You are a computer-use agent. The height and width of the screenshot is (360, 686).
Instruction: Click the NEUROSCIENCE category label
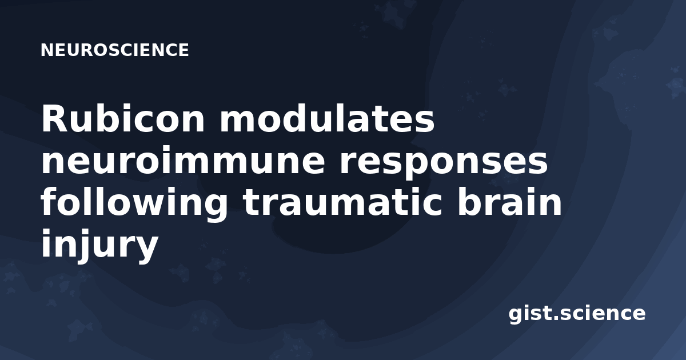(114, 50)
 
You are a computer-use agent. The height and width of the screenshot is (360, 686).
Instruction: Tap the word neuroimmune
(183, 160)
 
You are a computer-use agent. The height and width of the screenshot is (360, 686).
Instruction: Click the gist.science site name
(577, 314)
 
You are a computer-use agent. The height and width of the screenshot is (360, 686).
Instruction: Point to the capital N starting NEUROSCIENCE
(46, 50)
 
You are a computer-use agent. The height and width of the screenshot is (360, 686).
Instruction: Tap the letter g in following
(215, 207)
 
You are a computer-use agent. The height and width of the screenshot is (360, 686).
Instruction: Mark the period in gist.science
(556, 318)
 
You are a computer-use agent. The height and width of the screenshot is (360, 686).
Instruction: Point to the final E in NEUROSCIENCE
(183, 50)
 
